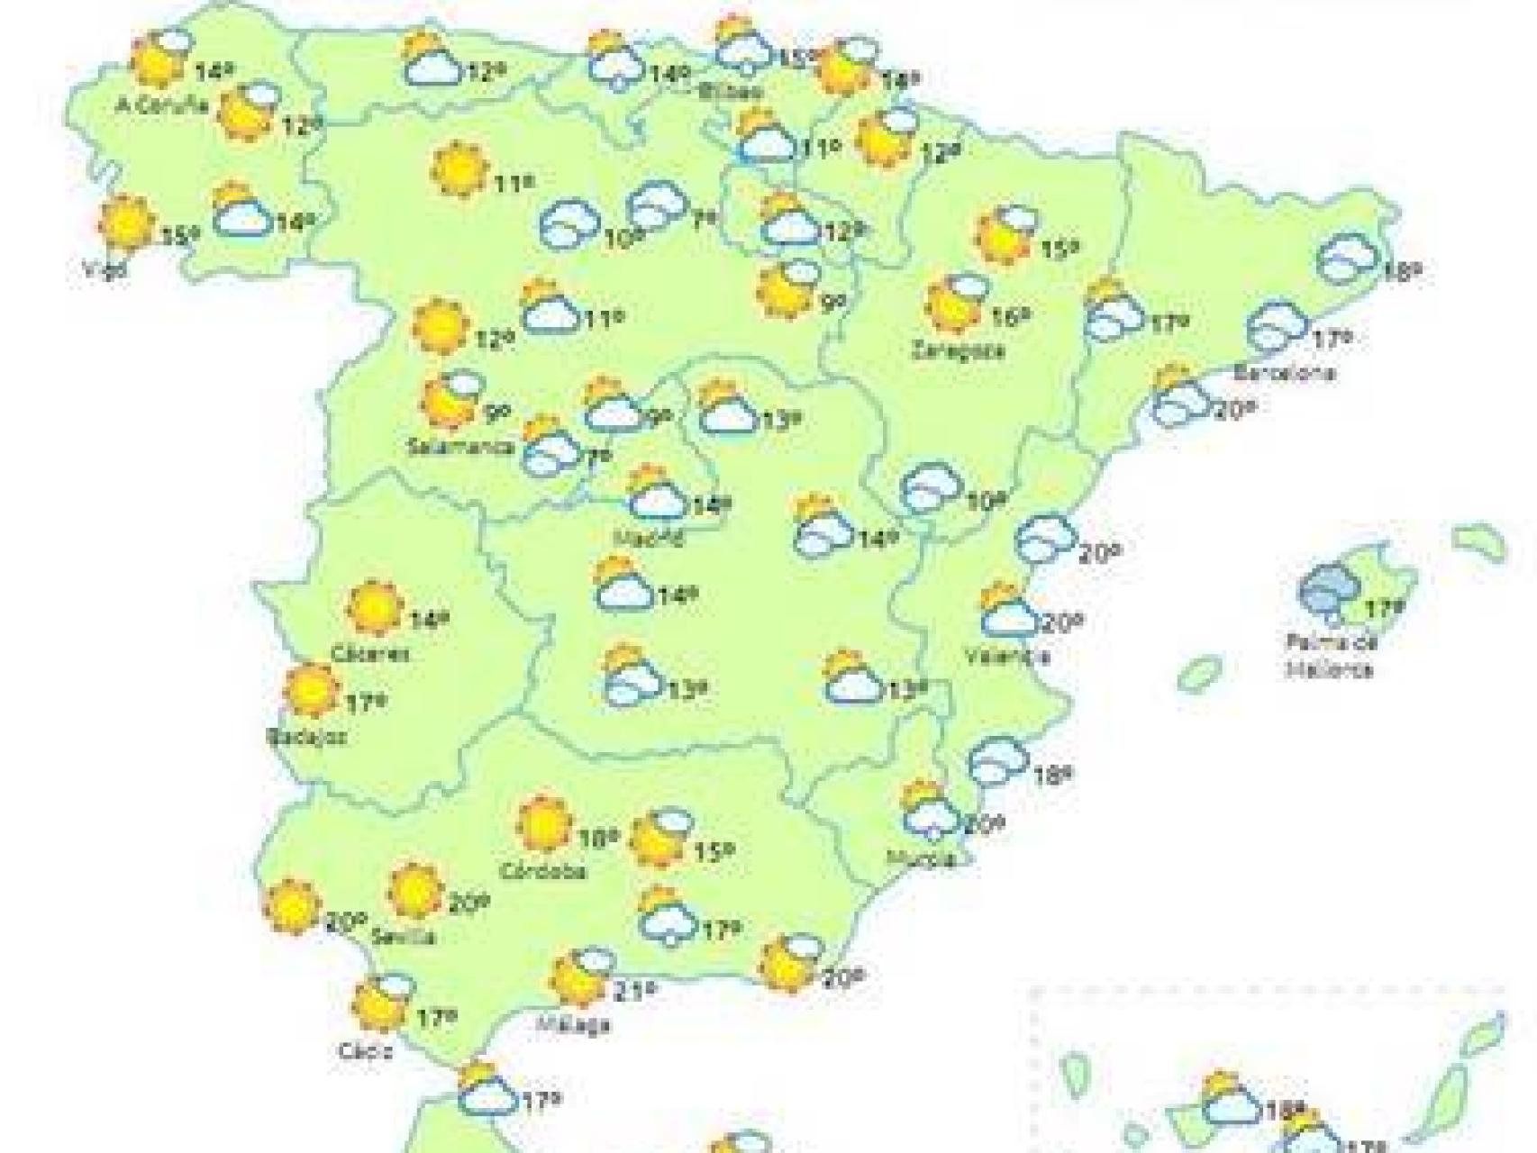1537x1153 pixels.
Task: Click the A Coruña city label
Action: pyautogui.click(x=163, y=104)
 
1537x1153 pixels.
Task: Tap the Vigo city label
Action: pyautogui.click(x=100, y=268)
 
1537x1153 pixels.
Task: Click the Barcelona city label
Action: pyautogui.click(x=1284, y=373)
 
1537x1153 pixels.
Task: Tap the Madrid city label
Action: pyautogui.click(x=647, y=538)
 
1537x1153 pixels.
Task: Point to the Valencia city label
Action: pyautogui.click(x=1007, y=656)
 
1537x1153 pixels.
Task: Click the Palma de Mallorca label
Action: pyautogui.click(x=1330, y=656)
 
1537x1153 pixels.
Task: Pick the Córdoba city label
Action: pyautogui.click(x=542, y=871)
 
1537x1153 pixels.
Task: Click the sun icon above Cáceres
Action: pyautogui.click(x=374, y=608)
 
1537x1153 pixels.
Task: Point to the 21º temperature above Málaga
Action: pyautogui.click(x=632, y=992)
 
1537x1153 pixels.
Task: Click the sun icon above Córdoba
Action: pyautogui.click(x=545, y=823)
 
